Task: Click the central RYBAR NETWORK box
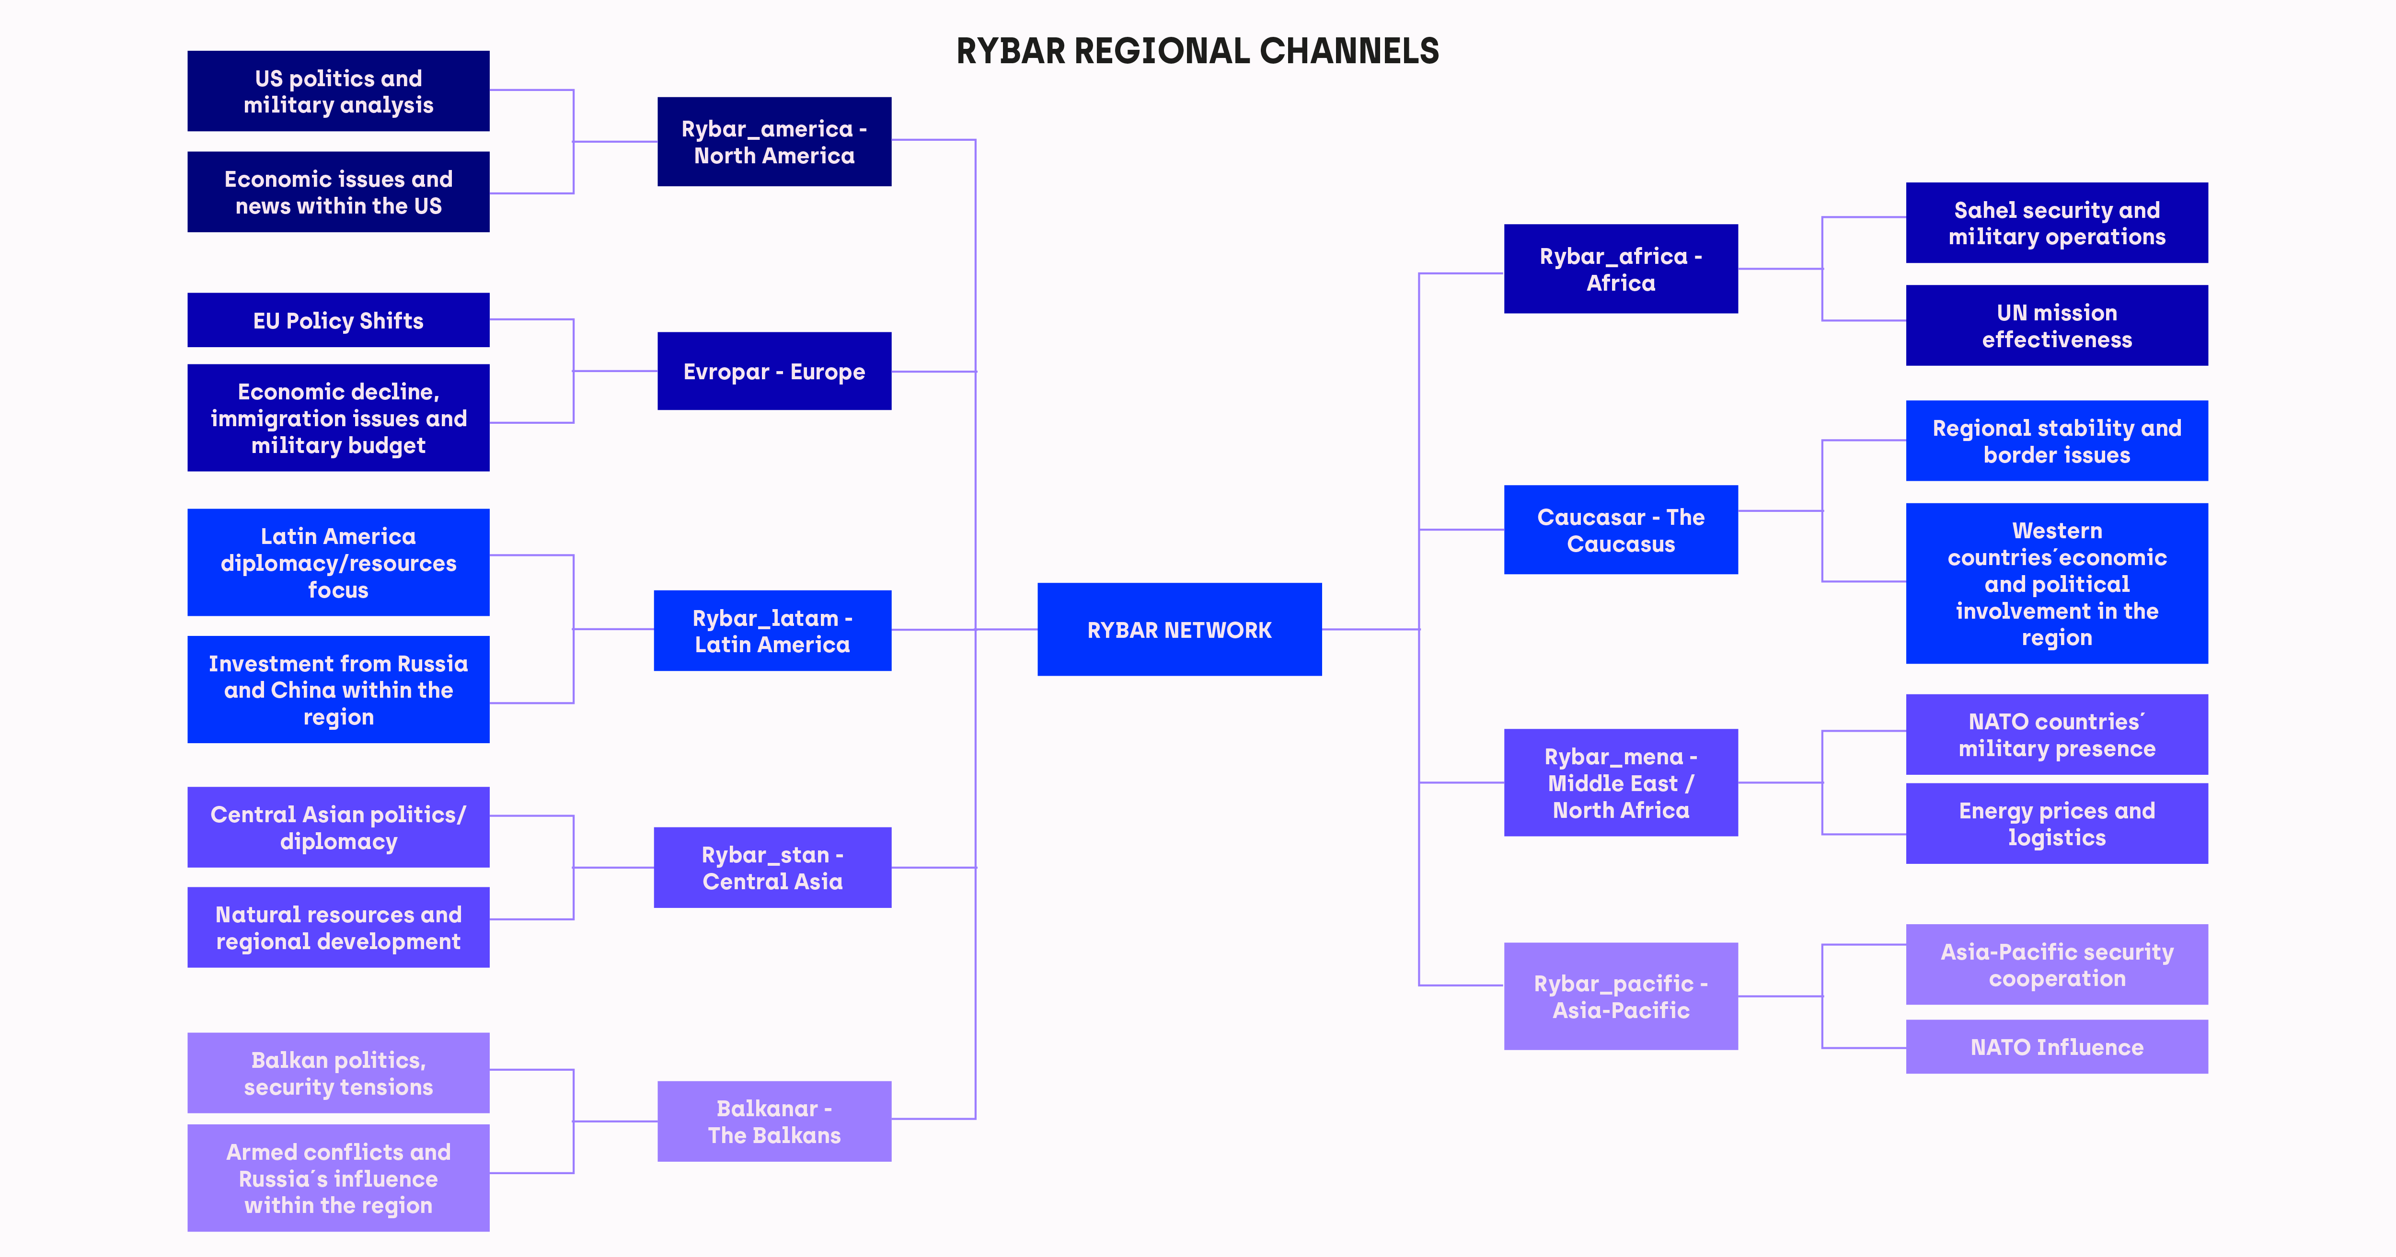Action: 1179,629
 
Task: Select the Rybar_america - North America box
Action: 774,141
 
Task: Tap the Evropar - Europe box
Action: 774,371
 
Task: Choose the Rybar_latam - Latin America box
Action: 772,630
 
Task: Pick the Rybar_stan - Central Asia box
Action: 772,867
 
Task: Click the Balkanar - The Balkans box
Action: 774,1121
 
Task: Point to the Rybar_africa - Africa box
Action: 1620,269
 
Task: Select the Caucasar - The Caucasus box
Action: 1620,530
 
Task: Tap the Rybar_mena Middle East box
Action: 1620,783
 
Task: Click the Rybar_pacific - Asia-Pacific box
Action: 1620,997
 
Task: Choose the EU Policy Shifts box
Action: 339,320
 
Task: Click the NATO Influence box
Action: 2057,1047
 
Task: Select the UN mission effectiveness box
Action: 2057,326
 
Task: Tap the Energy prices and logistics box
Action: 2057,824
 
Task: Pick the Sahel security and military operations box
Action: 2057,223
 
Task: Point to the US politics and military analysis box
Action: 339,91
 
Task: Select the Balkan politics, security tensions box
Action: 339,1073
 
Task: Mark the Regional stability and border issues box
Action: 2057,441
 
